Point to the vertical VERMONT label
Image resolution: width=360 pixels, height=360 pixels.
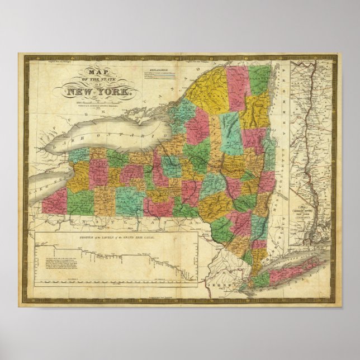[x=285, y=101]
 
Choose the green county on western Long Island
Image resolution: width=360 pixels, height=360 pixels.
[x=264, y=278]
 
